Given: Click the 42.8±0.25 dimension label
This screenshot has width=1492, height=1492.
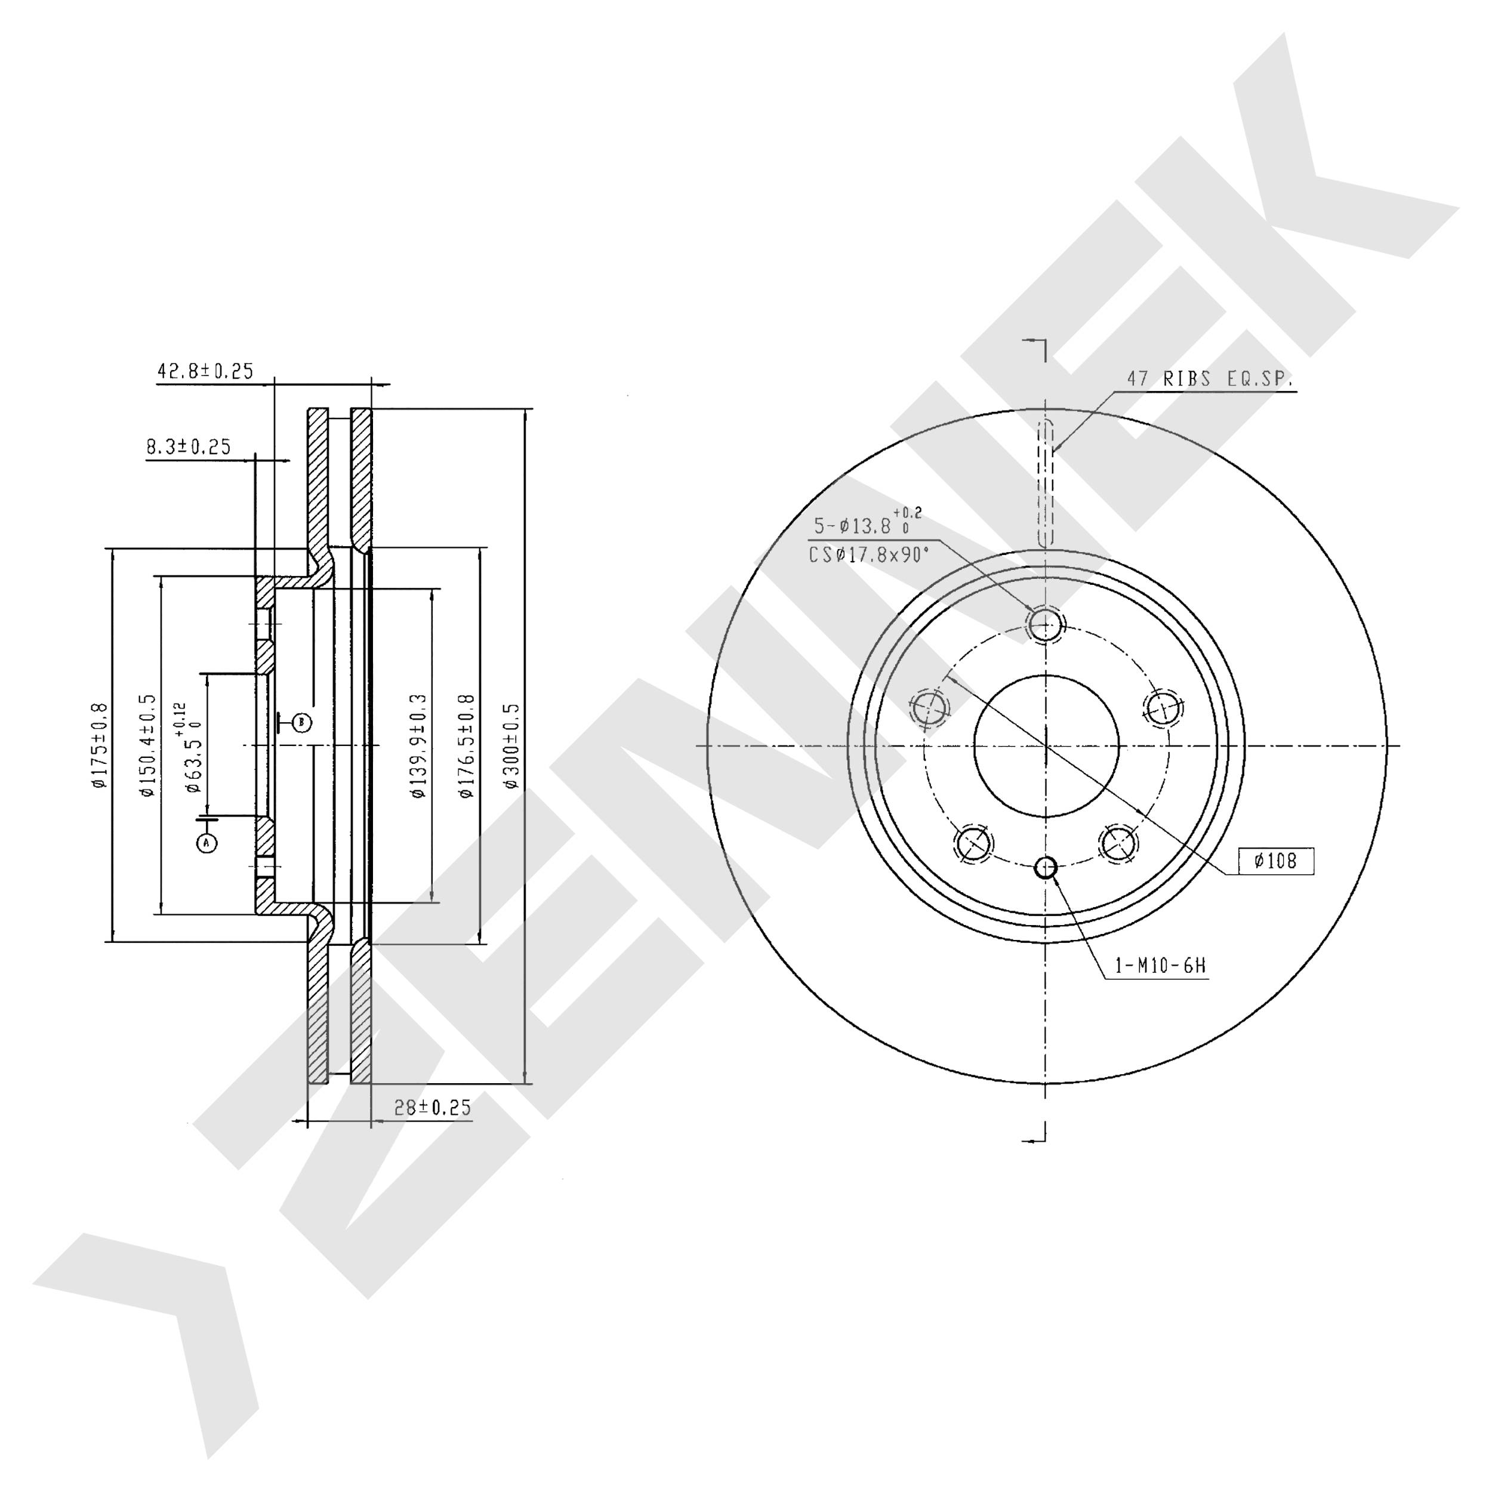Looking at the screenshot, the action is pyautogui.click(x=205, y=371).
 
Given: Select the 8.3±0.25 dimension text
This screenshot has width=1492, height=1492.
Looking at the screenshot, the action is pyautogui.click(x=189, y=446).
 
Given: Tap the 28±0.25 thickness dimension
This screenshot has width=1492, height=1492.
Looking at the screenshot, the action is pyautogui.click(x=433, y=1108).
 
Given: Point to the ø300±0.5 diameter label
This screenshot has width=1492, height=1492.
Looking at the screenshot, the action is pyautogui.click(x=511, y=746).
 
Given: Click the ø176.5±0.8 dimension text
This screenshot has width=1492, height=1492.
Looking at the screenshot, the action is pyautogui.click(x=467, y=746).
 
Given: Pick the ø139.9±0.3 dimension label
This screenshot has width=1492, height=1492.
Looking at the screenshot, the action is pyautogui.click(x=418, y=746).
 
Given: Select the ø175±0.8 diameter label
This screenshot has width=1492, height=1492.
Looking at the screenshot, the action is pyautogui.click(x=99, y=746).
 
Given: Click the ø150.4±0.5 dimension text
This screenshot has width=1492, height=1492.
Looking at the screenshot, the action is pyautogui.click(x=147, y=746).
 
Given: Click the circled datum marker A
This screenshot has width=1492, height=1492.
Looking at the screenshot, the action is pyautogui.click(x=206, y=843).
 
